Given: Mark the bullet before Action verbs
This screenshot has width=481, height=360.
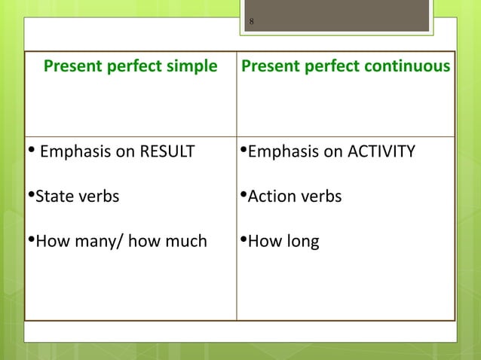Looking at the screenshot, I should coord(243,197).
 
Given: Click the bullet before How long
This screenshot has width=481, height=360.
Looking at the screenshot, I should coord(243,242).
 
